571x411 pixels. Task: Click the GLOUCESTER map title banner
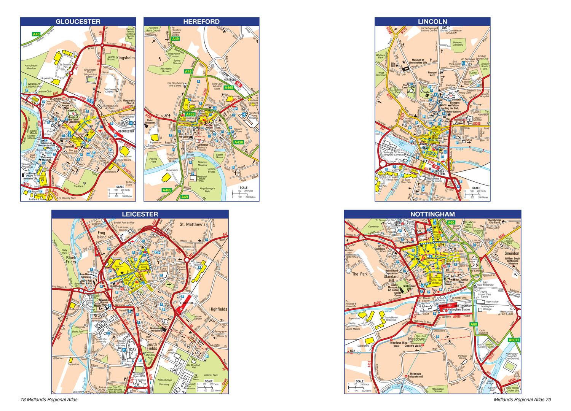[x=78, y=22]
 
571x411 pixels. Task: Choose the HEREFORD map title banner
[x=201, y=22]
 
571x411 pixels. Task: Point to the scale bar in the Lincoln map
[x=475, y=193]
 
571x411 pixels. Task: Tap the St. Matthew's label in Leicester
[x=192, y=224]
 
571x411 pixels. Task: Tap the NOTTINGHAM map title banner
[x=432, y=214]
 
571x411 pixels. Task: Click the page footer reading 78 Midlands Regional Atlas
[x=49, y=400]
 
